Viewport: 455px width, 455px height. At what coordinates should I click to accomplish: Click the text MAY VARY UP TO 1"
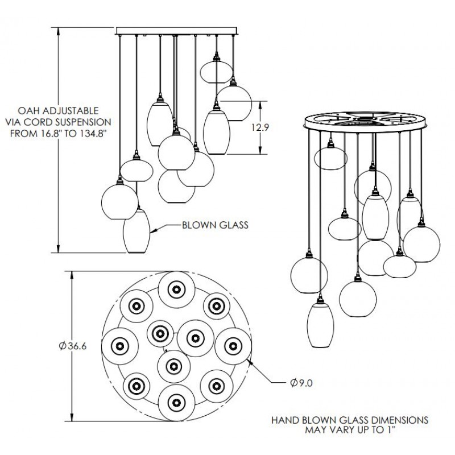[349, 431]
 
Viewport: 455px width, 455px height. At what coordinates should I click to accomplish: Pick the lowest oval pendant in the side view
[136, 230]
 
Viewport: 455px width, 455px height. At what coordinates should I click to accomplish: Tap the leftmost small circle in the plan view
[120, 345]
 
